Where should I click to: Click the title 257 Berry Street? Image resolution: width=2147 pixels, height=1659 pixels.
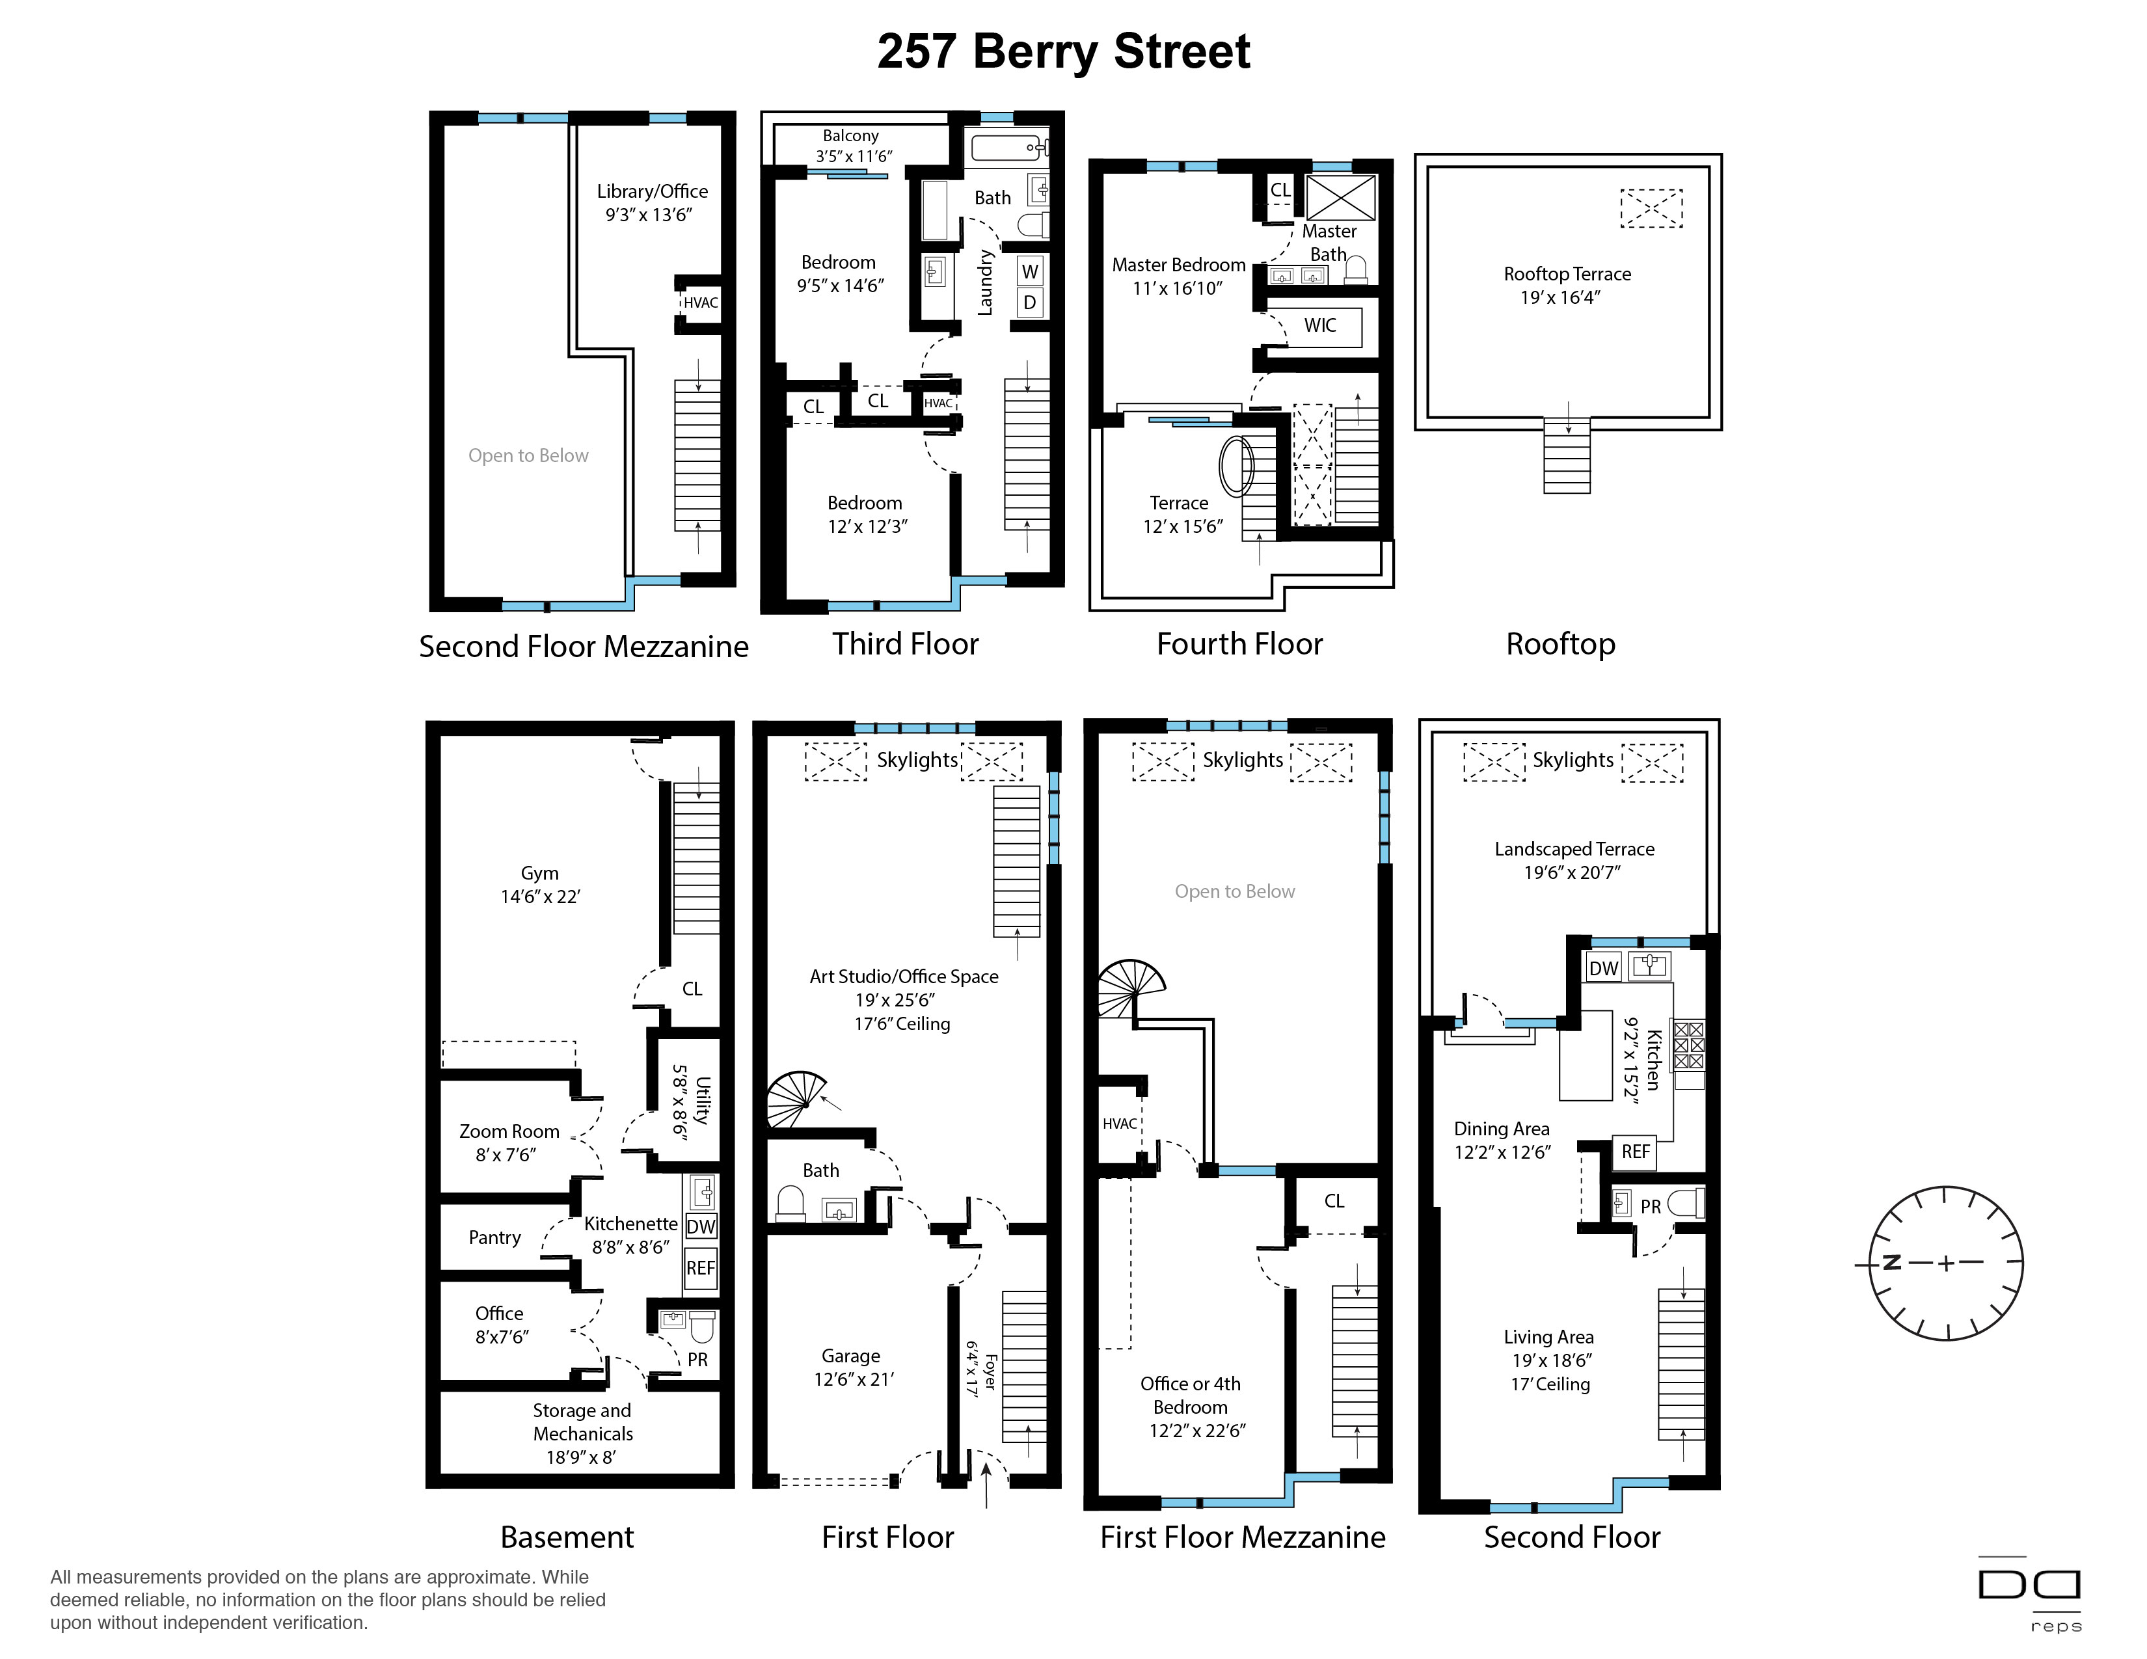click(1064, 52)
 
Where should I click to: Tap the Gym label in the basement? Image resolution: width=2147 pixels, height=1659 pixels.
click(540, 872)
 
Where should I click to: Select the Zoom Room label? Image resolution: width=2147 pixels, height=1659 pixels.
click(509, 1131)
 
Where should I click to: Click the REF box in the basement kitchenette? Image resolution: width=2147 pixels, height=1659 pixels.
click(701, 1268)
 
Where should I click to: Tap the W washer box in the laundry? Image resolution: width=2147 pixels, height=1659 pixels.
click(1029, 271)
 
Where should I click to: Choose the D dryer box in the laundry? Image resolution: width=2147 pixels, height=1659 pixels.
click(1029, 303)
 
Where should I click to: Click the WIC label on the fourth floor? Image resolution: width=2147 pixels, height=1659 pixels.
click(1320, 325)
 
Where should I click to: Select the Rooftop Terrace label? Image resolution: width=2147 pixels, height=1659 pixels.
click(1567, 274)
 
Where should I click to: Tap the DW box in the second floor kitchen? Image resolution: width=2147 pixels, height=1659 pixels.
click(1603, 968)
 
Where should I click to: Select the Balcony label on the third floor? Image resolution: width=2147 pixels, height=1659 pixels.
click(850, 135)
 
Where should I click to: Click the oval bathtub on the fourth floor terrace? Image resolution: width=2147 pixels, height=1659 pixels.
click(1237, 466)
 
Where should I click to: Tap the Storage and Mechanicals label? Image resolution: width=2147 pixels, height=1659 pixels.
click(582, 1422)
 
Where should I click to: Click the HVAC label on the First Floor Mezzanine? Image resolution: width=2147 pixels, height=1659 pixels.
click(1120, 1124)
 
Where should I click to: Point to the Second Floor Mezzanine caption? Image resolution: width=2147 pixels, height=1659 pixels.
click(584, 646)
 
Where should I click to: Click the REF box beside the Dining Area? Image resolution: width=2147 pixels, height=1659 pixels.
click(1636, 1152)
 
